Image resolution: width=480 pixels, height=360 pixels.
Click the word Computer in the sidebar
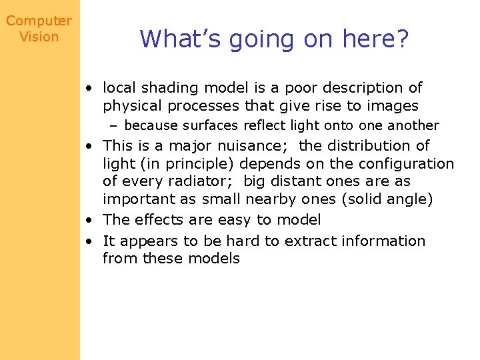(39, 21)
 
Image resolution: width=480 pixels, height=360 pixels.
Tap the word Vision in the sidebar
(39, 37)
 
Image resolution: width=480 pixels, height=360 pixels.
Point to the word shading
(163, 88)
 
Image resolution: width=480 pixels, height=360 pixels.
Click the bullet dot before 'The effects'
(88, 220)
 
